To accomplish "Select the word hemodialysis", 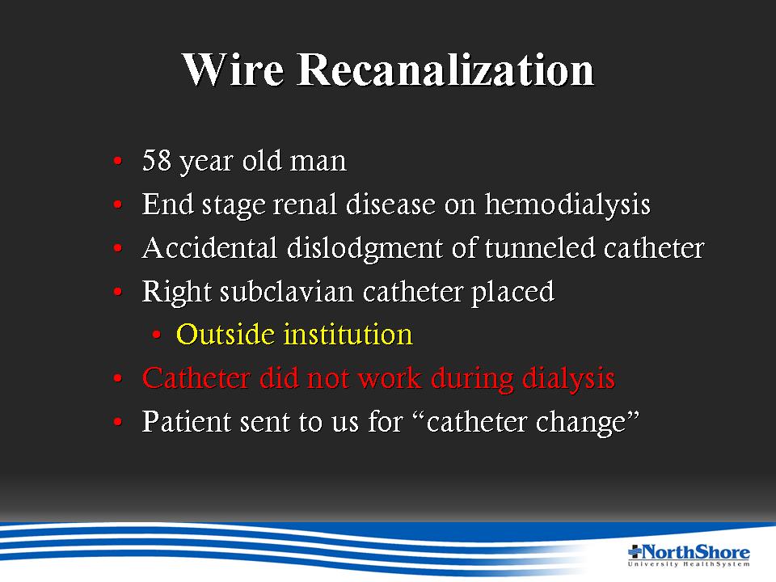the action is coord(567,204).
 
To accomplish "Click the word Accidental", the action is coord(209,247).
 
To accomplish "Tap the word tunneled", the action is coord(539,247).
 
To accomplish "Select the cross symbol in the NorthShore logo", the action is coord(635,550).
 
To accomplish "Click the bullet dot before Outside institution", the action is coord(156,335).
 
